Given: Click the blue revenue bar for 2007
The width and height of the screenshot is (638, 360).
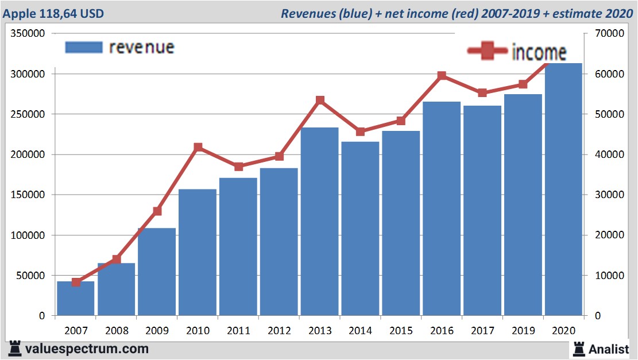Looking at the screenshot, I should (75, 298).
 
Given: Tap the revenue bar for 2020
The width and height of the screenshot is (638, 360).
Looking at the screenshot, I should (563, 189).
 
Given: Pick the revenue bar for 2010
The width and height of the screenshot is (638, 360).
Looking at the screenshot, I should (197, 252).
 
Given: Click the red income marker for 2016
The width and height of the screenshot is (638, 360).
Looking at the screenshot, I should (442, 76).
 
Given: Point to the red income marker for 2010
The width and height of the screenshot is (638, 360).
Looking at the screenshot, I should (198, 148).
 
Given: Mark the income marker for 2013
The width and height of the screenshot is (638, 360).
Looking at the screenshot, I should (320, 100).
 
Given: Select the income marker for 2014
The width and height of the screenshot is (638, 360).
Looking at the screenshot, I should (361, 131).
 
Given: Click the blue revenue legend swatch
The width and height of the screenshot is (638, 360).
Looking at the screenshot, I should (84, 47).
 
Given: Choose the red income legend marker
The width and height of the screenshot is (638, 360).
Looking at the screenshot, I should (487, 52).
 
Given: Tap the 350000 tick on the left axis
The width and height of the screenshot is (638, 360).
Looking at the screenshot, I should (28, 34).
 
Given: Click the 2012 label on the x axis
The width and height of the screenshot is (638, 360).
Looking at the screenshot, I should (279, 331).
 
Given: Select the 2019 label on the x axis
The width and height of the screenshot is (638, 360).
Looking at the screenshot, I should (523, 331).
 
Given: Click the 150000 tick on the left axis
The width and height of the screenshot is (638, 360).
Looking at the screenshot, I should (28, 195).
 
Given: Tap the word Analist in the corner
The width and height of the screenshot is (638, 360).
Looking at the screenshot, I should (609, 349).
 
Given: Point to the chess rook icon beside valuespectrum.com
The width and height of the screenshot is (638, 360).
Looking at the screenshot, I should (15, 349).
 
